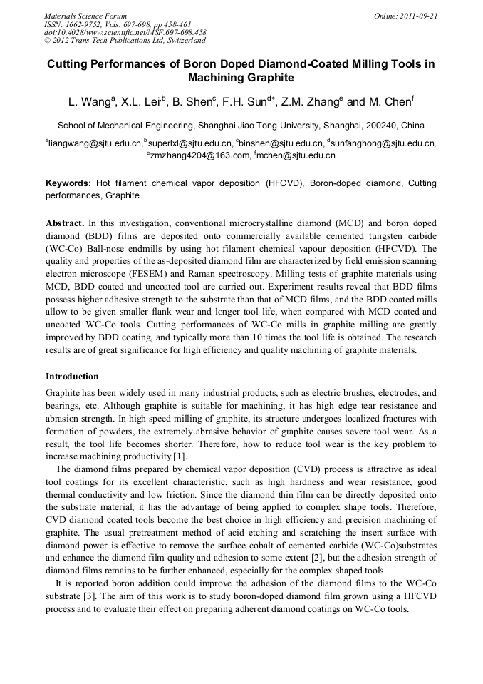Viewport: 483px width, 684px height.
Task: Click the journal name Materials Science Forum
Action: click(x=85, y=16)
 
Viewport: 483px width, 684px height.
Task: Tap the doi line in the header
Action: click(x=125, y=32)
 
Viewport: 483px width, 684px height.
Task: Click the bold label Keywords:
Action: click(x=68, y=183)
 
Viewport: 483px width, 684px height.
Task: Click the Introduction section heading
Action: click(x=72, y=376)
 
